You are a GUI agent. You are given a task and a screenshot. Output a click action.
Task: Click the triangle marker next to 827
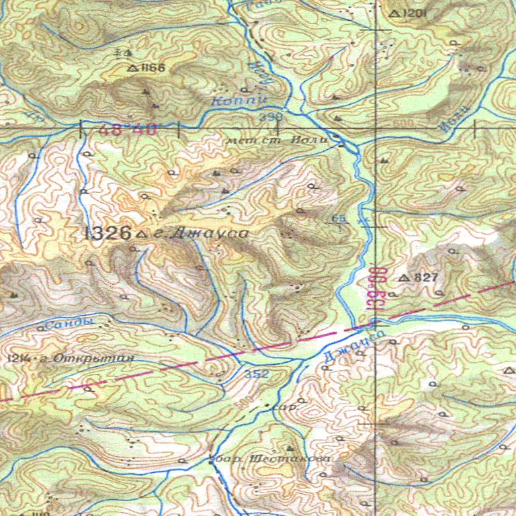404,277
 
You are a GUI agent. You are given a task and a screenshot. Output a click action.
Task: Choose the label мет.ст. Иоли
277,141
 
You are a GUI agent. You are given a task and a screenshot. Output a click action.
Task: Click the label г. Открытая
87,358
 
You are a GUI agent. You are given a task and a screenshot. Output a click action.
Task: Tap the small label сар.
288,407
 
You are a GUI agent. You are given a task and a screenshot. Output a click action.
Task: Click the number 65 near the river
338,219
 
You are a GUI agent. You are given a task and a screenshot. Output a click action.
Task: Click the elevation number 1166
153,68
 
